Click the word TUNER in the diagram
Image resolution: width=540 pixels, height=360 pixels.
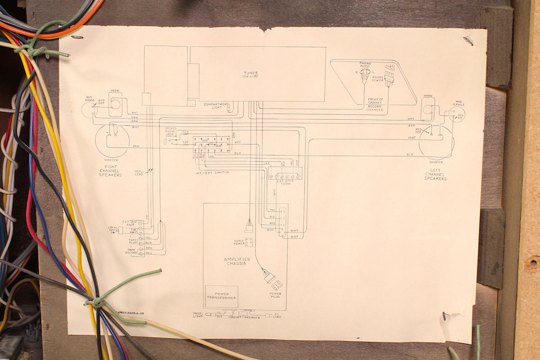[x=251, y=73]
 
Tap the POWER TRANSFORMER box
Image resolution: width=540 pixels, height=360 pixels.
[x=222, y=296]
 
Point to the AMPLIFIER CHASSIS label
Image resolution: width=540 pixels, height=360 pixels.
[x=237, y=261]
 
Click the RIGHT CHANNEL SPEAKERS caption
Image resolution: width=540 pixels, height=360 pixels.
[x=111, y=172]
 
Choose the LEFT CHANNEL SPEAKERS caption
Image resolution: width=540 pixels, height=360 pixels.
[x=436, y=175]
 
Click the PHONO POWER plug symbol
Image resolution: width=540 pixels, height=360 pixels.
[x=389, y=79]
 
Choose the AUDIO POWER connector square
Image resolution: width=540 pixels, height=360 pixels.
[x=249, y=242]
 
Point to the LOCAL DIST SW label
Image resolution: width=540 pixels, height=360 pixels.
[x=113, y=230]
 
